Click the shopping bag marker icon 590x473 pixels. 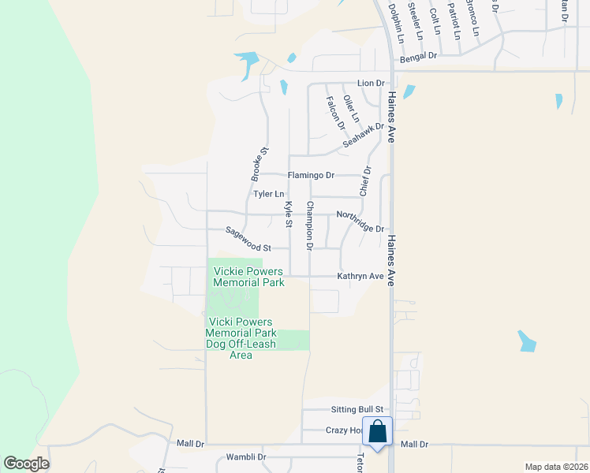pos(378,432)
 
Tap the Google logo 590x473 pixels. pos(26,464)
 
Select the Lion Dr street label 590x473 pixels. pos(370,83)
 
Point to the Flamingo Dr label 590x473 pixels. pos(311,175)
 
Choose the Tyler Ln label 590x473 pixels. pos(268,194)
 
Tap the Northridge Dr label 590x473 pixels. pos(360,222)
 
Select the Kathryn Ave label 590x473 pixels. pos(360,276)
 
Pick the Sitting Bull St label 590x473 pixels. pos(354,409)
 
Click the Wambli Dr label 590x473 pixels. pos(246,456)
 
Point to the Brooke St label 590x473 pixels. pos(260,162)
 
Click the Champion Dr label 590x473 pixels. pos(310,225)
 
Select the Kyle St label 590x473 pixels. pos(289,214)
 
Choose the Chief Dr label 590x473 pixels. pos(364,181)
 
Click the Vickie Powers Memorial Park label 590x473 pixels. pos(248,277)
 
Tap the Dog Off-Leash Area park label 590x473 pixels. pos(241,338)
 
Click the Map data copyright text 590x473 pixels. pos(556,467)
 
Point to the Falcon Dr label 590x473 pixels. pos(335,113)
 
